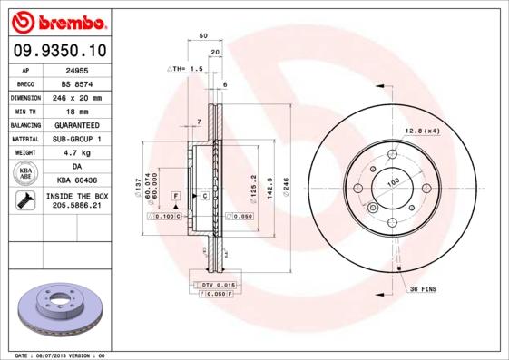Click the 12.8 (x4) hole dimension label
pos(422,131)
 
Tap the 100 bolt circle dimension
pos(394,182)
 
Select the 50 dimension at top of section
pos(202,36)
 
